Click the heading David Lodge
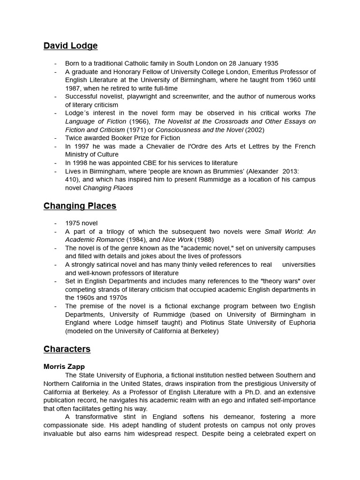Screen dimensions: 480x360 tap(70, 46)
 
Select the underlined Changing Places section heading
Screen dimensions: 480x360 tap(80, 206)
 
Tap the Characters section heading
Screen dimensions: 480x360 tap(67, 349)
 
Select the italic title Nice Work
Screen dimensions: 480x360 tap(178, 240)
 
